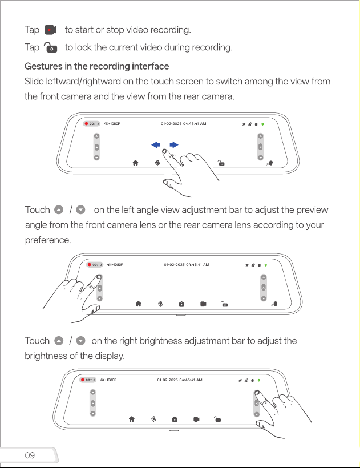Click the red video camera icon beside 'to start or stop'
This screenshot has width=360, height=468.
(x=51, y=30)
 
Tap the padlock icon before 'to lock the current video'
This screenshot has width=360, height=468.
(x=50, y=47)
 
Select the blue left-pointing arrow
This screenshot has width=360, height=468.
(x=156, y=145)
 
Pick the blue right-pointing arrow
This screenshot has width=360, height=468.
(x=174, y=145)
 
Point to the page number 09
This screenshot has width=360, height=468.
(x=30, y=455)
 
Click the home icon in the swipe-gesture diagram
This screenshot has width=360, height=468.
(x=135, y=163)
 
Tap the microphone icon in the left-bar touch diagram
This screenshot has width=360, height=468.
(x=160, y=304)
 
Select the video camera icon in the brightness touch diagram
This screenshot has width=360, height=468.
(x=196, y=419)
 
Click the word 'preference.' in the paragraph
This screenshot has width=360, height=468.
(x=48, y=240)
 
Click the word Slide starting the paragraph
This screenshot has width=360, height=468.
(x=34, y=82)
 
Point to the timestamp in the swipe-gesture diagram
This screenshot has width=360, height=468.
(x=184, y=124)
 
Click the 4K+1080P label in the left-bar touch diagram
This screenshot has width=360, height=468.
(x=115, y=265)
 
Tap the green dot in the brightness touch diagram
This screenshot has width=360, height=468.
(x=259, y=380)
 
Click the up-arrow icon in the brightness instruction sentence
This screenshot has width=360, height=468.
(x=59, y=341)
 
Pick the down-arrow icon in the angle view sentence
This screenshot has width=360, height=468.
(x=81, y=210)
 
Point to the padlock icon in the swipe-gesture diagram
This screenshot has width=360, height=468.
(x=221, y=163)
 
